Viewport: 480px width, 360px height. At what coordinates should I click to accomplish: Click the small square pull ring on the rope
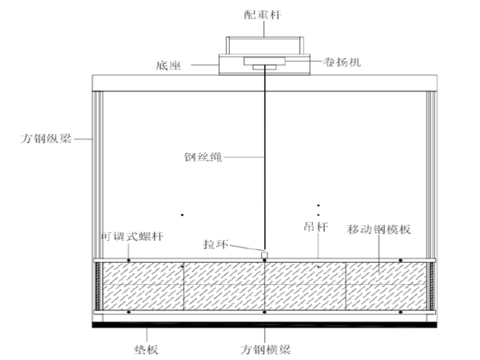[x=265, y=255]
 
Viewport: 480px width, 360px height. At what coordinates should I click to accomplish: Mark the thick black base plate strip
[x=265, y=325]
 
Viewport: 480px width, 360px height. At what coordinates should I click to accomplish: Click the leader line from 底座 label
[x=203, y=64]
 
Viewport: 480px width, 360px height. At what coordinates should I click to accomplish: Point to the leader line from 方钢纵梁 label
[x=81, y=138]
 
